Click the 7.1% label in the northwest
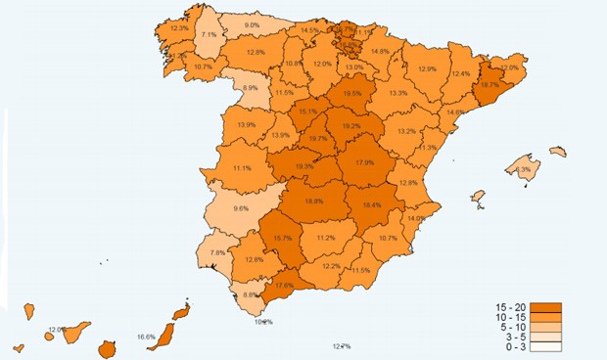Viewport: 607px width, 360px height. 209,35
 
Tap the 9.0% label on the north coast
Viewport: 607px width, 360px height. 252,25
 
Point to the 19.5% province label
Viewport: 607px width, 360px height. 352,94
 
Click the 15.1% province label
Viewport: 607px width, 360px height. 307,112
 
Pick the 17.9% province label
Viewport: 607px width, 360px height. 365,162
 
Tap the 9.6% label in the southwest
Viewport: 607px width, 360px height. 241,208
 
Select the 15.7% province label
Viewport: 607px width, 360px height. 283,239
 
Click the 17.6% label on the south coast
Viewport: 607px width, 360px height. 283,286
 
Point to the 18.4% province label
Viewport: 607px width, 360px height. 372,205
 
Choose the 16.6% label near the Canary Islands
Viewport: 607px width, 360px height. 146,337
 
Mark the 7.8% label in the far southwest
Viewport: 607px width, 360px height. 218,252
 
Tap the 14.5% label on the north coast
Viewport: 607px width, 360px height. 309,30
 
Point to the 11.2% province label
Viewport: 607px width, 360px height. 326,238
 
